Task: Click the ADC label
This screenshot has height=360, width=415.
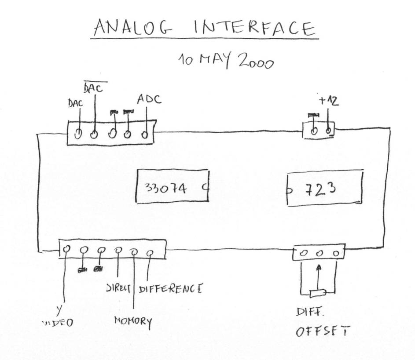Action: [148, 99]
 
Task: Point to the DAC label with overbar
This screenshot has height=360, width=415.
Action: [93, 88]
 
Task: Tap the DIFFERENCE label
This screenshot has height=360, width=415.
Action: [171, 289]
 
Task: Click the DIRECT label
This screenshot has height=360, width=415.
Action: [119, 289]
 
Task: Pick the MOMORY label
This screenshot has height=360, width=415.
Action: [133, 321]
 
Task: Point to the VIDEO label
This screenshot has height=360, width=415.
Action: [58, 323]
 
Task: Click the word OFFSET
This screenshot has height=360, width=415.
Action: [323, 331]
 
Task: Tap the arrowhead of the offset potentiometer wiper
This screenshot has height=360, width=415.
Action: [319, 266]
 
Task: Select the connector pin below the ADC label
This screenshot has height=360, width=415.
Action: [144, 134]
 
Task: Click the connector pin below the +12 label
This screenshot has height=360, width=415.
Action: [328, 131]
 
